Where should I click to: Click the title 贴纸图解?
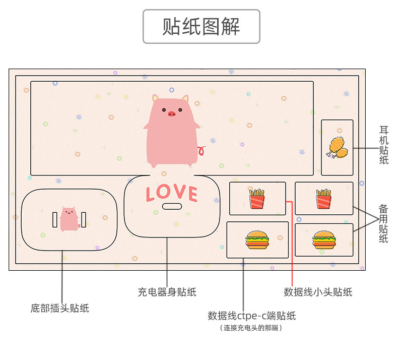201,26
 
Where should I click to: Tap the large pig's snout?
172,113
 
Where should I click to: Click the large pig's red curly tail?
202,150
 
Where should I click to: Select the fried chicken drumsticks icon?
337,147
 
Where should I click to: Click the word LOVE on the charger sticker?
171,193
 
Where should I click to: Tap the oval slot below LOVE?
172,206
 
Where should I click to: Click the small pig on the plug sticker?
69,219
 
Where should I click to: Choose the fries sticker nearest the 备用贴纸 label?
323,199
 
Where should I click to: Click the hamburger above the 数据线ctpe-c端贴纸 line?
257,240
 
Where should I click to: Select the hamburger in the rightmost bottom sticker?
323,240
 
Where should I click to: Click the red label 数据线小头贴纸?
318,292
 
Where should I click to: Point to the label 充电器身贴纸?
167,292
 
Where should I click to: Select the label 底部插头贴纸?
60,308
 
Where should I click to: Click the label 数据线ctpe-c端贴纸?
252,316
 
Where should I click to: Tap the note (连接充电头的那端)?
251,328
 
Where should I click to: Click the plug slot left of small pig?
55,219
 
